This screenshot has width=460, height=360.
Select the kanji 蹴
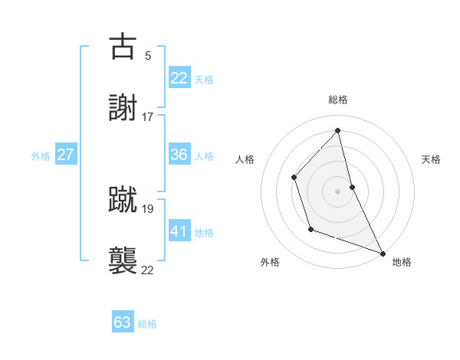pos(123,199)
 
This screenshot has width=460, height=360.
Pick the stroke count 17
pos(148,117)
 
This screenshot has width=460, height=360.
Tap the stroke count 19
pos(148,208)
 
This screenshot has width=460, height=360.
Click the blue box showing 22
pos(179,78)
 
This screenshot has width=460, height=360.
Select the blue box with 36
pos(179,155)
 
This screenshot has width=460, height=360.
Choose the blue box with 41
pos(179,231)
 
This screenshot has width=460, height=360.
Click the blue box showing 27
pos(65,155)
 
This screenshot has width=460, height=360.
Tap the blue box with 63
pos(123,322)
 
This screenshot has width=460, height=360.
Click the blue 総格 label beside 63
pos(147,324)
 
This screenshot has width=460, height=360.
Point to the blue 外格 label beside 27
pos(41,156)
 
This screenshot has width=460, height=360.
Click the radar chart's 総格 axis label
pos(338,100)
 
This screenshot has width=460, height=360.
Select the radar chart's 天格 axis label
pos(431,159)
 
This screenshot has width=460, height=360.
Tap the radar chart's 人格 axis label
pos(245,159)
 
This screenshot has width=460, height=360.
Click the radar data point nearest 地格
pos(383,253)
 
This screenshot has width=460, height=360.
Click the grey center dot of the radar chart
pos(338,191)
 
